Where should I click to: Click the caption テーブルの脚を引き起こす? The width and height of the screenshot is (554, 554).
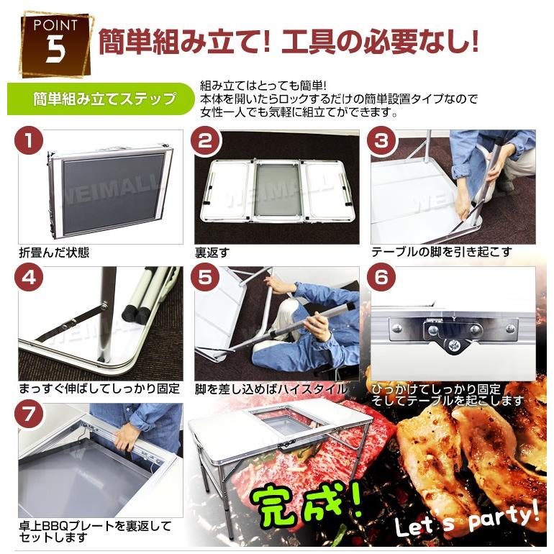(x=442, y=253)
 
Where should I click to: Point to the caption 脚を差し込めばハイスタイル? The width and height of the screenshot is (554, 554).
(x=277, y=389)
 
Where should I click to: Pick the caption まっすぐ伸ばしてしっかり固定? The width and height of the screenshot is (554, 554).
(x=99, y=389)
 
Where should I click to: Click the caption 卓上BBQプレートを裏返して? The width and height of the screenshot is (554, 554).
(x=95, y=526)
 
